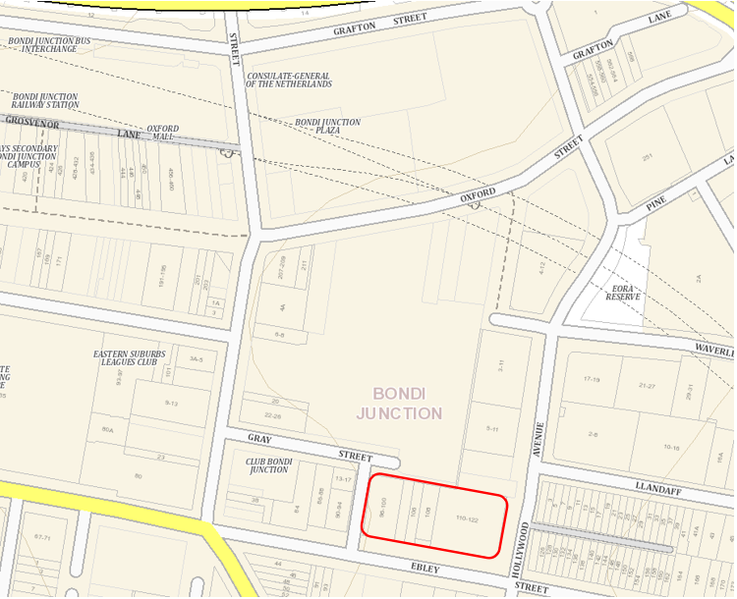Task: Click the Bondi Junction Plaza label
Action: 327,127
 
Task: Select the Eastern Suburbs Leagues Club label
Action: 130,357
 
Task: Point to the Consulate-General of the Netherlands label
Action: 288,80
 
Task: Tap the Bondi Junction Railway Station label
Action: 45,101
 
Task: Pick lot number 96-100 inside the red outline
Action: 381,509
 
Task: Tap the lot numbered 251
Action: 648,157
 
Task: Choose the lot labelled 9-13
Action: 171,403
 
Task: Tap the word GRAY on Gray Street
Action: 259,439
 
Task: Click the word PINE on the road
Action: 656,205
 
